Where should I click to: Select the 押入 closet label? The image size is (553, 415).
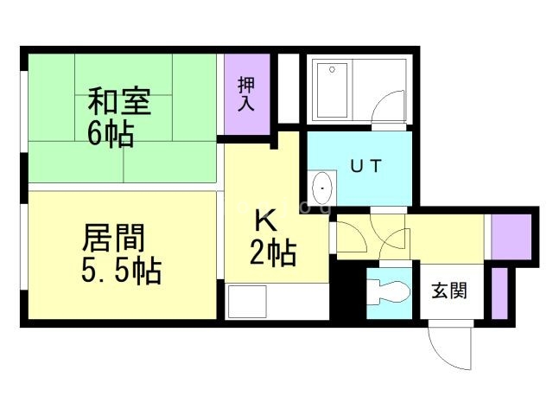pos(246,93)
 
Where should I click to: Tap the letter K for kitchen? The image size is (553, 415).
pos(264,219)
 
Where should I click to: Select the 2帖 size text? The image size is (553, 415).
pos(273,253)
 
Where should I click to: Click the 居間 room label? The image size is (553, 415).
pos(113,237)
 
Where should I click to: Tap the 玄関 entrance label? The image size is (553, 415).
pos(449,290)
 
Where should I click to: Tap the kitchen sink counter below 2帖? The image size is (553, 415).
pos(276,303)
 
